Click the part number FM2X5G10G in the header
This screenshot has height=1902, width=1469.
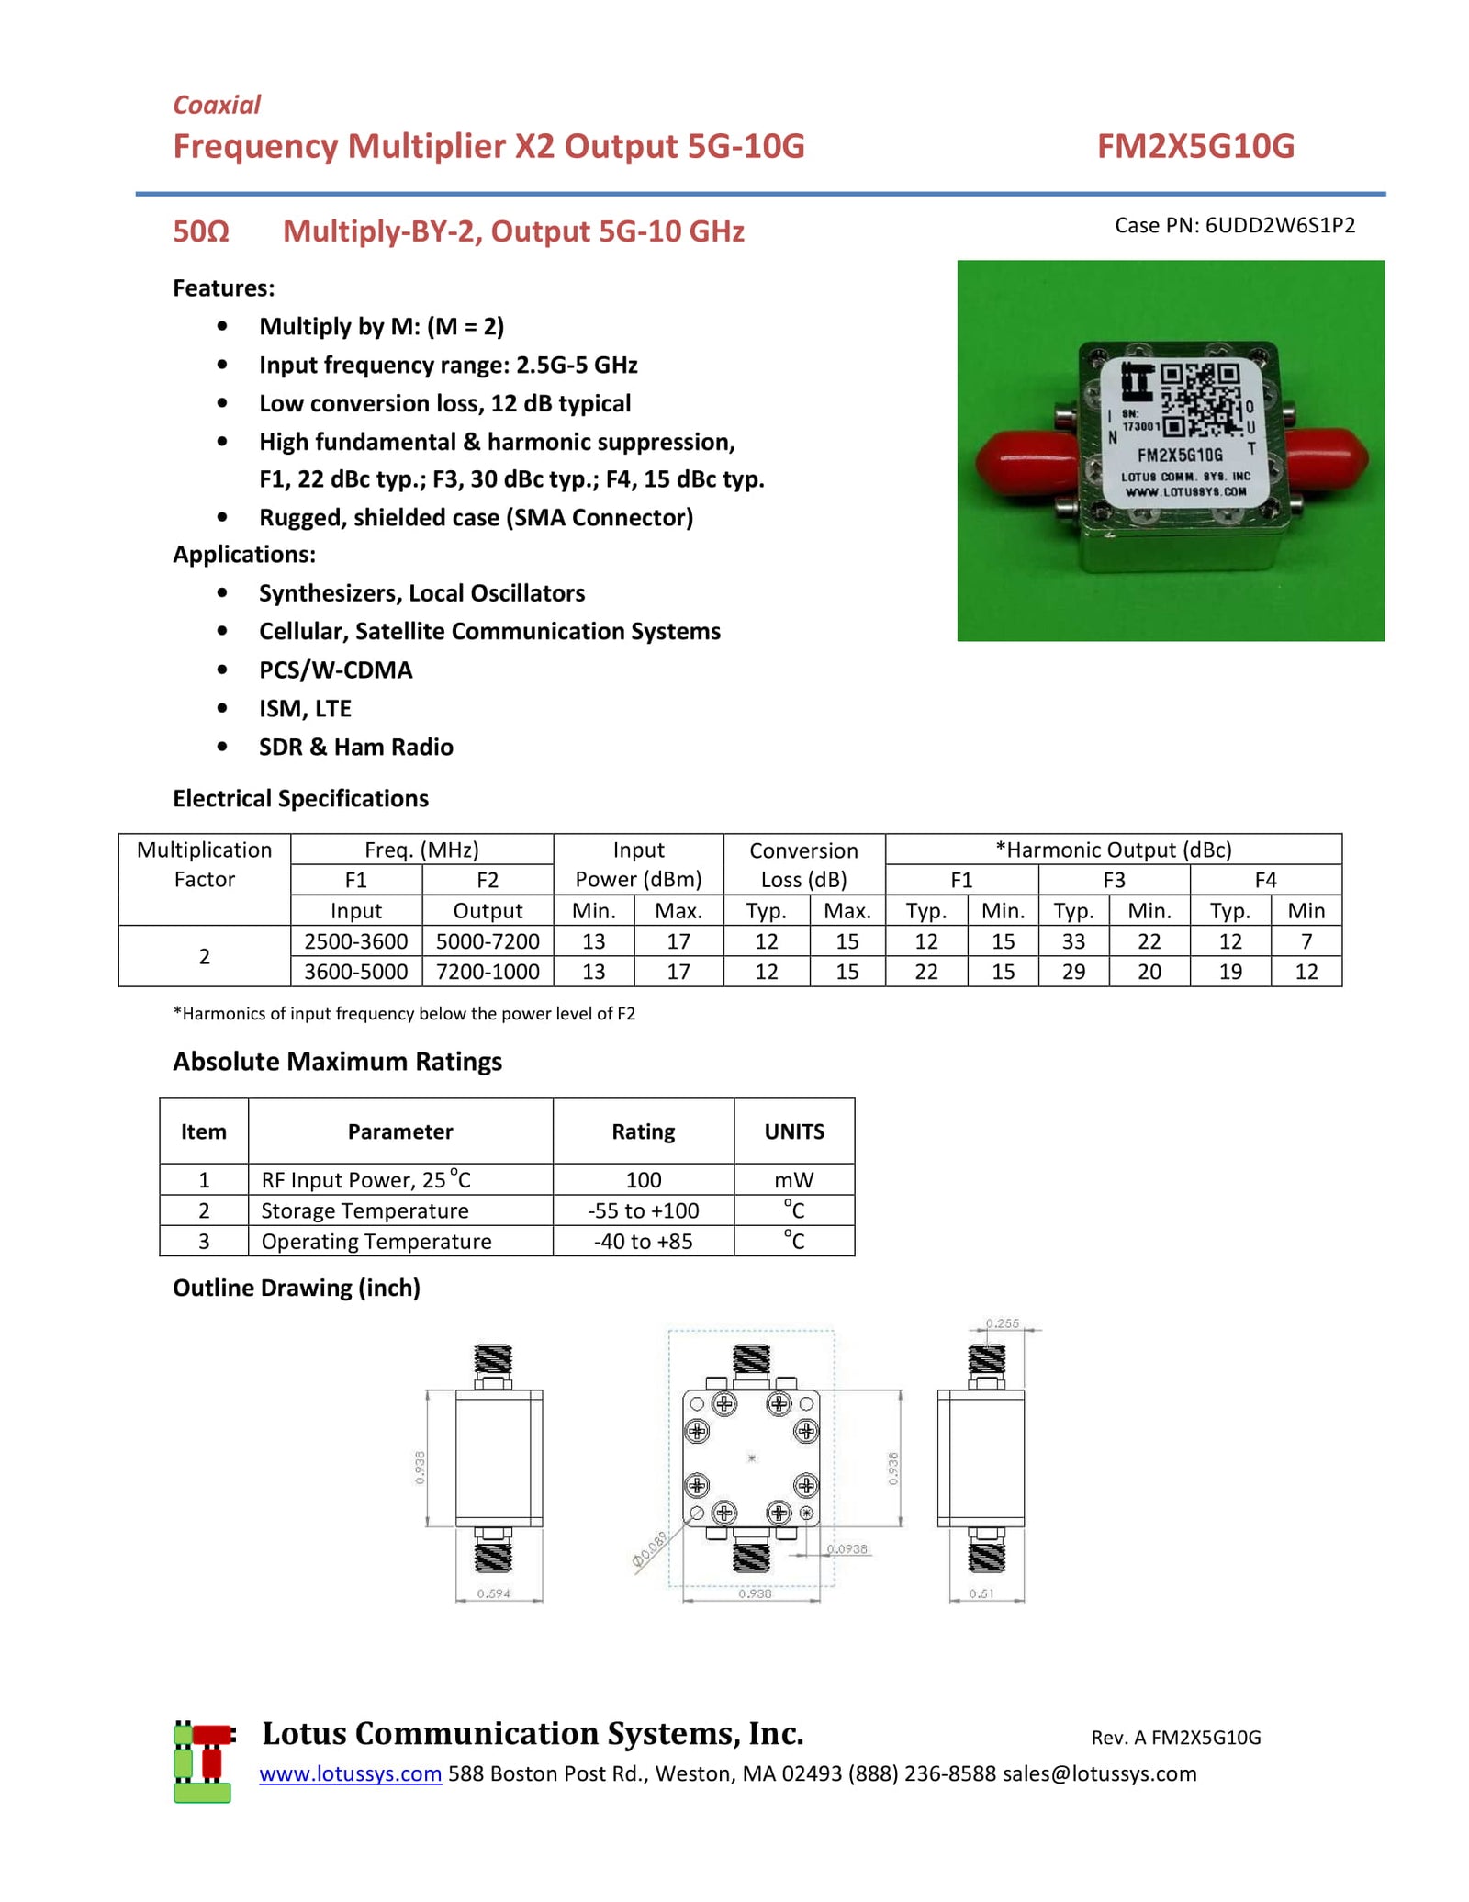(x=1194, y=146)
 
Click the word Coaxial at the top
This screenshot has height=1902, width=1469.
(x=217, y=105)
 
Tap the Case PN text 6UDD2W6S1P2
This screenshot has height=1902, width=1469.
(x=1280, y=226)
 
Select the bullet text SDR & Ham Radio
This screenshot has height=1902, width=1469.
(x=355, y=747)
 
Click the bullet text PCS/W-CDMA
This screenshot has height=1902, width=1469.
(x=335, y=670)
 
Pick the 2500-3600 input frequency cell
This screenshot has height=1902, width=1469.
(x=355, y=940)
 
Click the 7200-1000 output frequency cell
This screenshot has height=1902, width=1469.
(x=488, y=971)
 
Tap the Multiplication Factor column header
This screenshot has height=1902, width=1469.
(x=204, y=864)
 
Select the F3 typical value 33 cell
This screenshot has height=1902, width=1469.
(x=1072, y=940)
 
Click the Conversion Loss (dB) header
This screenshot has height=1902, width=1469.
(x=802, y=864)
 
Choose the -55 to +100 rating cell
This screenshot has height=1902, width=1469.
(x=643, y=1210)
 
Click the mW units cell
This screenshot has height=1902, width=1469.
(x=793, y=1179)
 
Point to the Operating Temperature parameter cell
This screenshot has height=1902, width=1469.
(x=376, y=1241)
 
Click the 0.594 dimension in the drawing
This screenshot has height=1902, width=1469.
(x=493, y=1593)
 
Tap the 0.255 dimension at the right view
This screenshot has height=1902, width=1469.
(x=1002, y=1323)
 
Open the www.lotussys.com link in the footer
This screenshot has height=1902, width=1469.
(x=350, y=1773)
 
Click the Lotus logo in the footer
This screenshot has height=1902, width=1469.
(x=203, y=1761)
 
